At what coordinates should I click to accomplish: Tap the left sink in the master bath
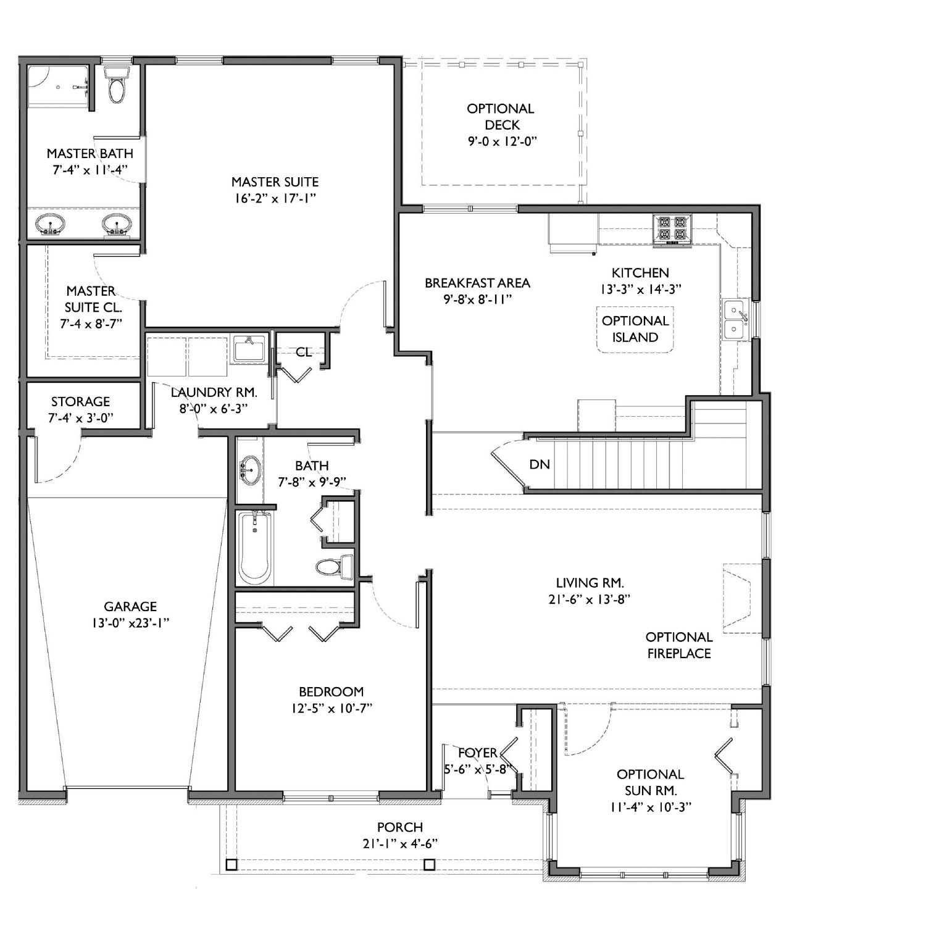coord(49,224)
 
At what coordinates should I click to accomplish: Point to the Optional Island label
coord(635,329)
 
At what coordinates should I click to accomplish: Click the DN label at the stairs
coord(540,464)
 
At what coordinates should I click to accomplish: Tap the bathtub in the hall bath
coord(255,548)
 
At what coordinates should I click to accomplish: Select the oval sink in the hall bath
coord(249,469)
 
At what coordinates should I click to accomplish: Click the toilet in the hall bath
coord(334,565)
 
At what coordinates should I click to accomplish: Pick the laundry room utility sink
coord(249,349)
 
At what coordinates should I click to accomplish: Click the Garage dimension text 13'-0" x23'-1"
coord(130,623)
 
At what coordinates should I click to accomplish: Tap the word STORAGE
coord(80,401)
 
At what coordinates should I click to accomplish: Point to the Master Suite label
coord(275,182)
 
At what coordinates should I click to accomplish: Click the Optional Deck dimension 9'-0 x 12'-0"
coord(502,141)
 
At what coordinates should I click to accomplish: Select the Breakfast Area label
coord(477,283)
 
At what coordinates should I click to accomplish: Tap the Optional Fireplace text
coord(679,645)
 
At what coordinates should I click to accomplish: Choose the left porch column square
coord(231,864)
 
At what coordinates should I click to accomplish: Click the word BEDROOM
coord(332,692)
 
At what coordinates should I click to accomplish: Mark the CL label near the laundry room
coord(304,352)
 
